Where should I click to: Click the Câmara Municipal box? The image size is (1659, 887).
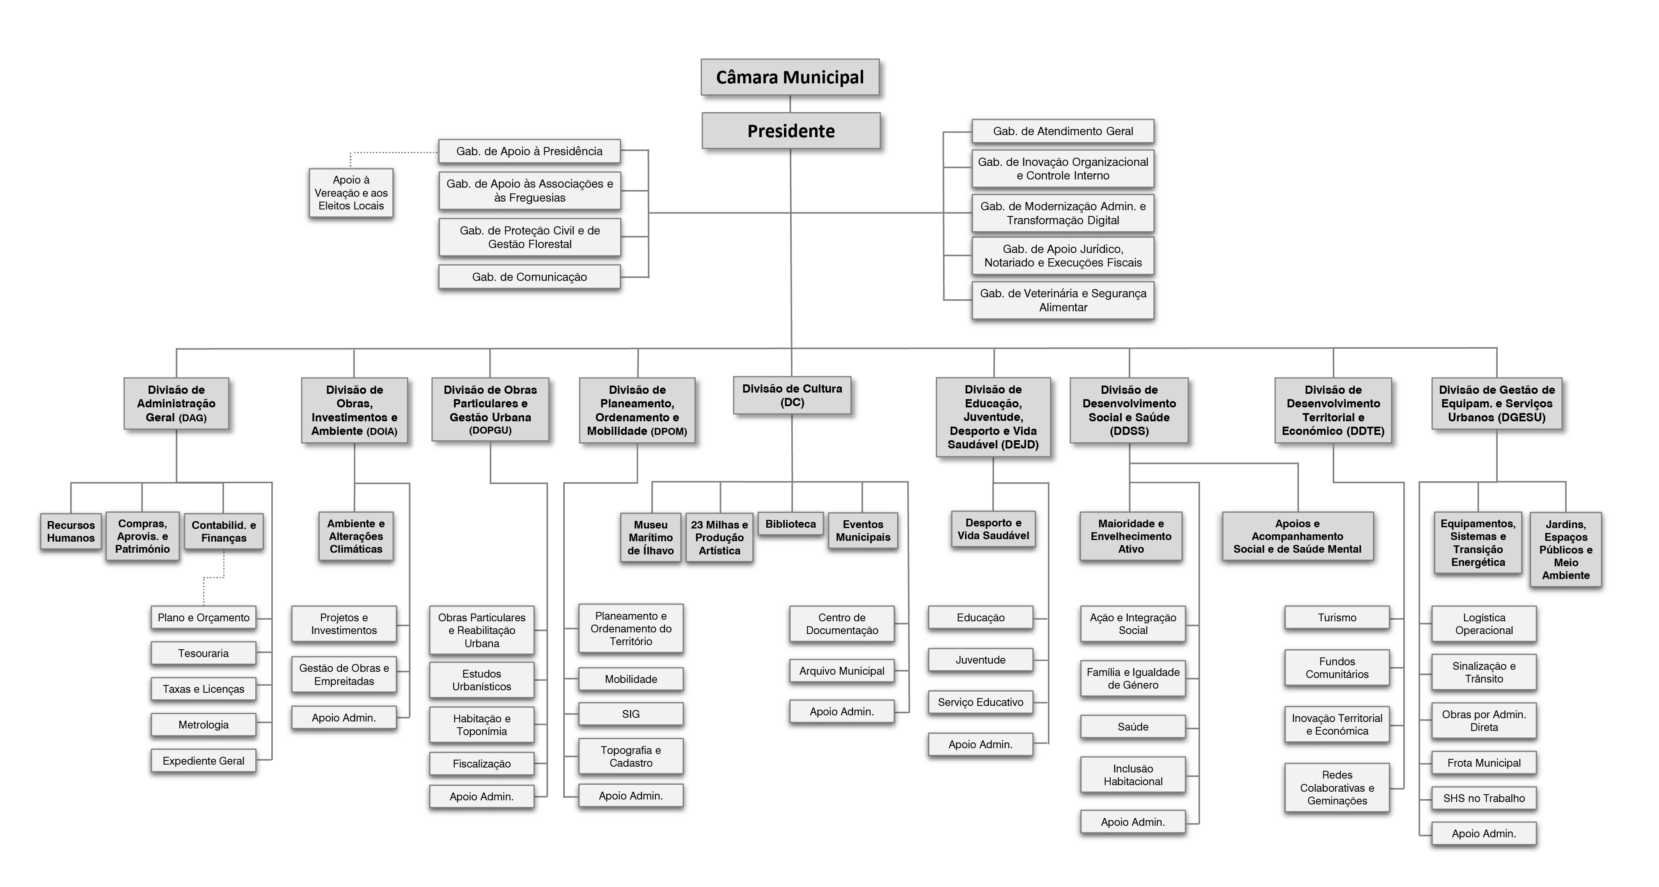(x=790, y=77)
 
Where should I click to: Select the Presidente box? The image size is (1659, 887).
(x=791, y=131)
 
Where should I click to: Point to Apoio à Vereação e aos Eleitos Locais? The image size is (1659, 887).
(x=351, y=193)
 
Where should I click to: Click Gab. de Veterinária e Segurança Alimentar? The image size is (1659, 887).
(x=1063, y=300)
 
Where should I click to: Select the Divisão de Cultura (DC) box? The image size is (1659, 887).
(x=792, y=395)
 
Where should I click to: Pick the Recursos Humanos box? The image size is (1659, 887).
(x=71, y=531)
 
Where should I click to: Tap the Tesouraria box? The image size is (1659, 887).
(x=204, y=653)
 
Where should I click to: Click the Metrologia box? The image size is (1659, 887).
(x=204, y=725)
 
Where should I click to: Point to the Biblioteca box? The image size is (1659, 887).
(x=791, y=524)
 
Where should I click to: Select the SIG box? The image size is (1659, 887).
(x=631, y=714)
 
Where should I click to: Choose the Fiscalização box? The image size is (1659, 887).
(x=482, y=764)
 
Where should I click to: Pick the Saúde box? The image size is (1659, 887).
(x=1133, y=726)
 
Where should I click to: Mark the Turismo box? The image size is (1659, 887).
(x=1337, y=618)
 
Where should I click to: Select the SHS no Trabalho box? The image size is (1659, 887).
(x=1484, y=799)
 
